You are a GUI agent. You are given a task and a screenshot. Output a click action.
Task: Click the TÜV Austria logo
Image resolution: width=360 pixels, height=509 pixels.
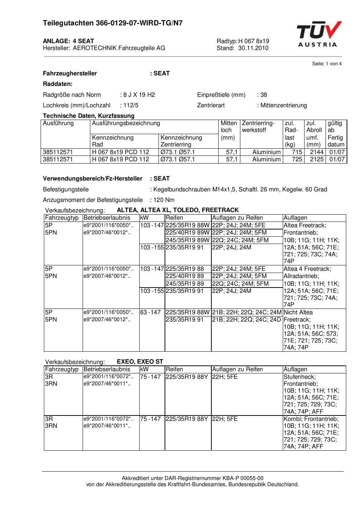click(x=318, y=34)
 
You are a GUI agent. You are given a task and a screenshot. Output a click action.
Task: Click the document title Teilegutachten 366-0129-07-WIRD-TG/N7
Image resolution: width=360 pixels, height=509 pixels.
click(x=113, y=23)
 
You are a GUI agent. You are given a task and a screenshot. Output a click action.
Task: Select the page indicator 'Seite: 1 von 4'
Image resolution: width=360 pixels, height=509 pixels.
click(x=327, y=64)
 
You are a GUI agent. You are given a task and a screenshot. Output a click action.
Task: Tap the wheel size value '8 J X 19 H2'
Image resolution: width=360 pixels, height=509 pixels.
click(x=139, y=95)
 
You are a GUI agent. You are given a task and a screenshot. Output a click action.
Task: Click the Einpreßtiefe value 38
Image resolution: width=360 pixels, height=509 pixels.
click(x=264, y=95)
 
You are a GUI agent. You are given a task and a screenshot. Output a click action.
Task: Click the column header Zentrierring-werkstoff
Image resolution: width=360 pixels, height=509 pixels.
click(x=258, y=127)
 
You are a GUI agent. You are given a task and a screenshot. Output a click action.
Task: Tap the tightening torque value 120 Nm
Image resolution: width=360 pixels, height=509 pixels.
click(x=164, y=200)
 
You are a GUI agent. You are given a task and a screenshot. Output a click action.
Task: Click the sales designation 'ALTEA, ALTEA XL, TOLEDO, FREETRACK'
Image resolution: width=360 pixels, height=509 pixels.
click(x=178, y=210)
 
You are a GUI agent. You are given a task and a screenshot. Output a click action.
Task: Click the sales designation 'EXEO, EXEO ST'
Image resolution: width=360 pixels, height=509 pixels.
click(x=140, y=361)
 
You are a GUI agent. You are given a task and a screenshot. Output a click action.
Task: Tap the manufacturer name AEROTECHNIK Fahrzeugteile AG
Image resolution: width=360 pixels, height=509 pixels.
click(x=119, y=48)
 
